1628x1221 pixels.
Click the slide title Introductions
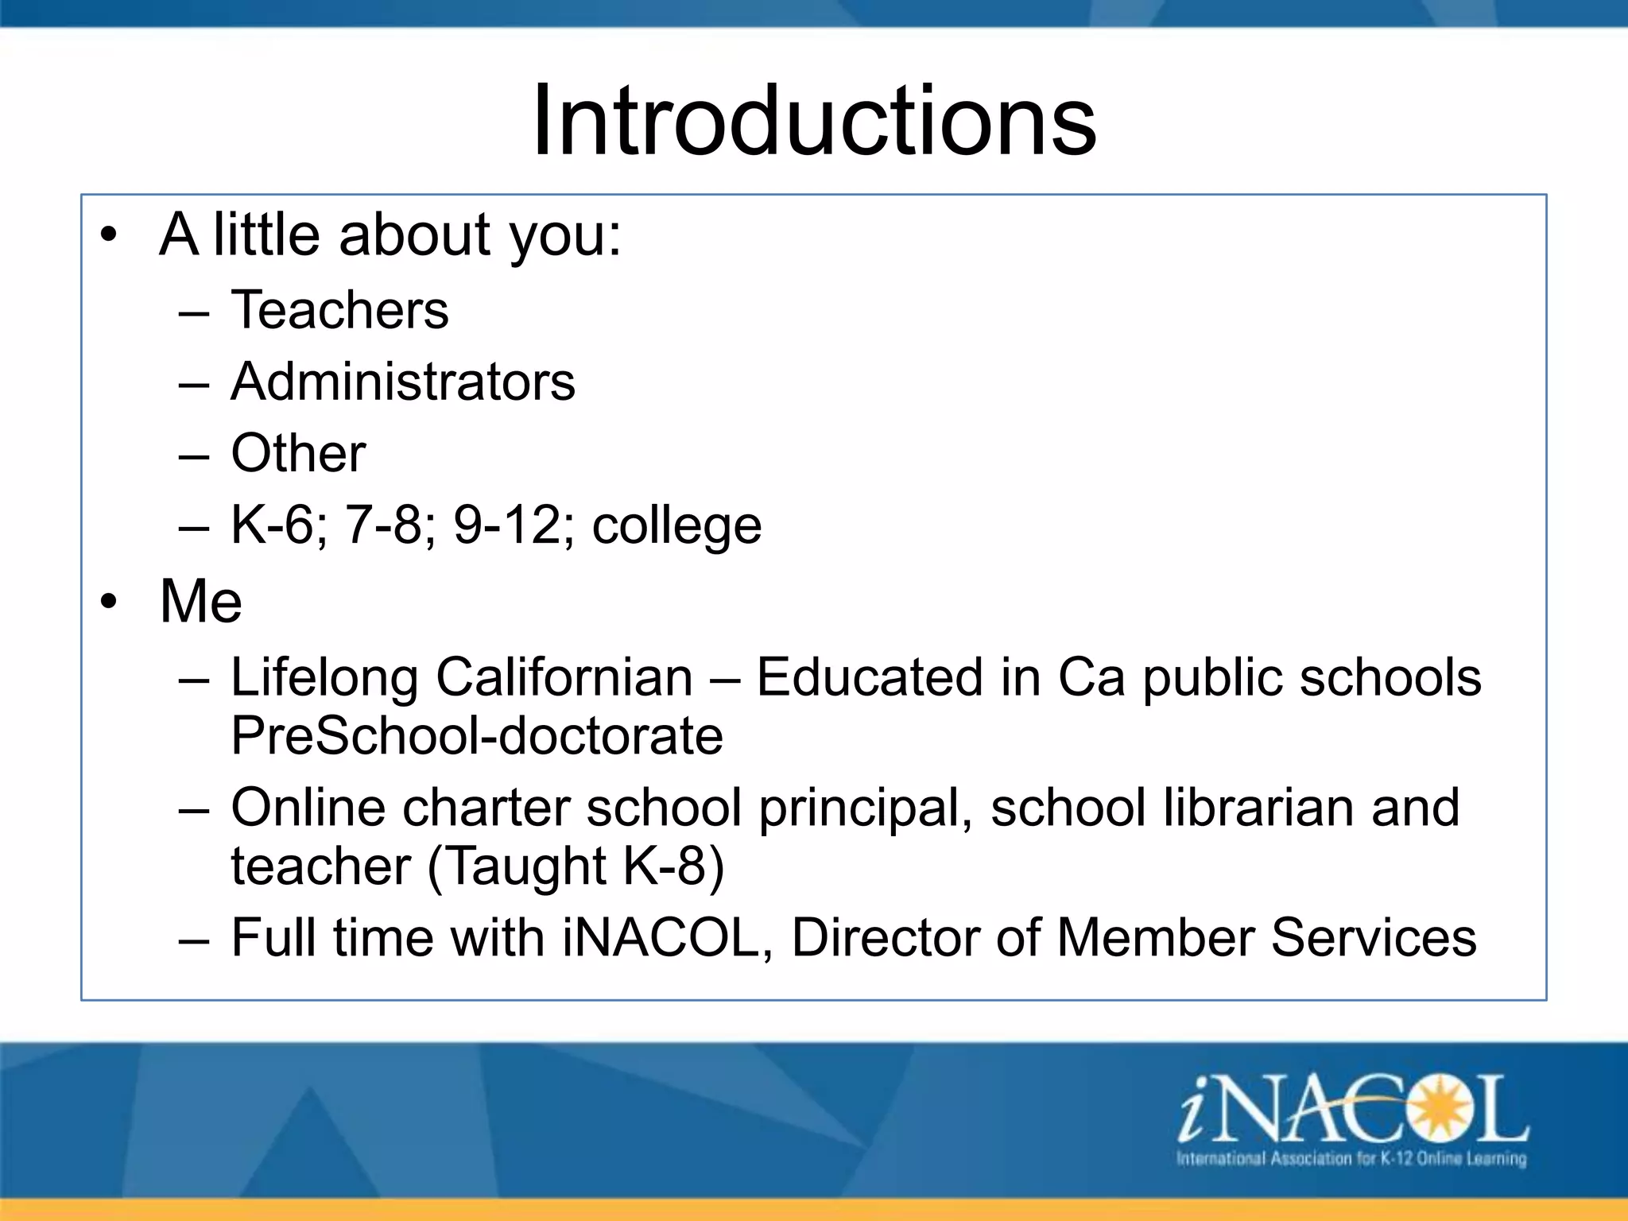[x=814, y=121]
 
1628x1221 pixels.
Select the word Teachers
[x=339, y=310]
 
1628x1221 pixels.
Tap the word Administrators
[x=402, y=382]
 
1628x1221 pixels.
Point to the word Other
[x=298, y=453]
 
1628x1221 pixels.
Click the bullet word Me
[x=200, y=601]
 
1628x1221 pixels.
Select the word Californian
[x=564, y=677]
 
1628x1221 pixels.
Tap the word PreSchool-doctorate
[x=477, y=735]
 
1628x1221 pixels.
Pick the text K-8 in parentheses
[x=665, y=866]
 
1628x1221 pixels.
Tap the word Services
[x=1373, y=938]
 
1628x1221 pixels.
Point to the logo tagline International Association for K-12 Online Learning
[x=1351, y=1158]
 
